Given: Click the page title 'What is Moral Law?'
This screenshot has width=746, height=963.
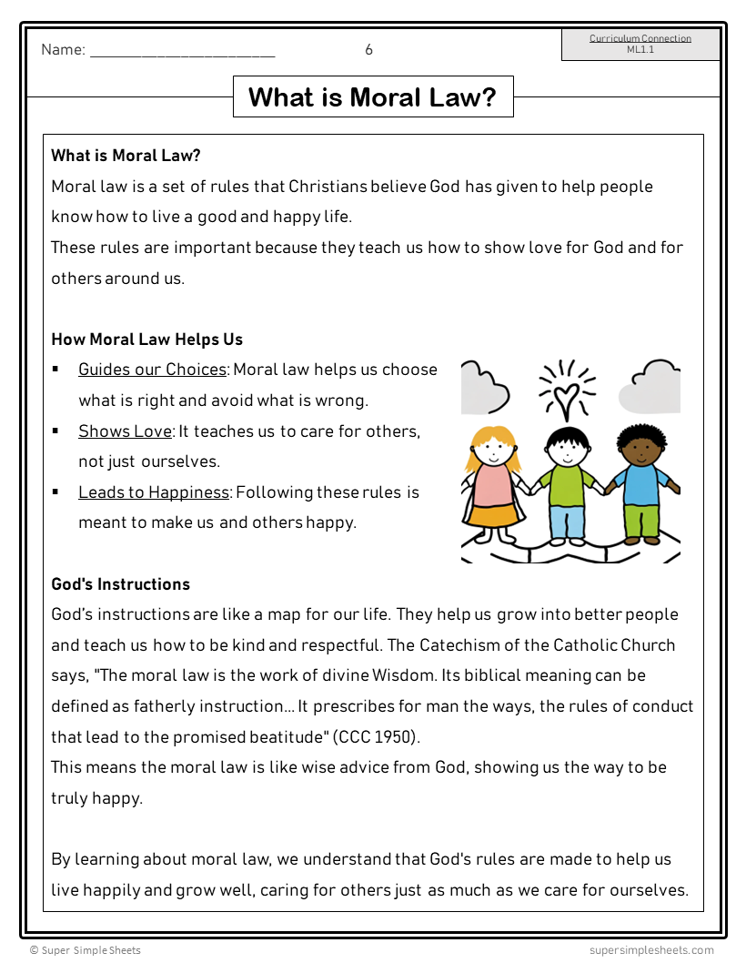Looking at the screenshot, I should (x=373, y=97).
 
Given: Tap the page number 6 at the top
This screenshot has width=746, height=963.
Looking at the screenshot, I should (x=368, y=50).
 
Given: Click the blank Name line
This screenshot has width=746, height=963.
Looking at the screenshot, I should (x=182, y=52).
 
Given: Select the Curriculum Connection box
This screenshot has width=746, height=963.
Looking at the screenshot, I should (x=640, y=45).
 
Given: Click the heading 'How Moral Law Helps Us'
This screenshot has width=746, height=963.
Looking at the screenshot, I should (x=147, y=340).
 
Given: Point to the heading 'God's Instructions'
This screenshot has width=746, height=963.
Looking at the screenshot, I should (x=121, y=584).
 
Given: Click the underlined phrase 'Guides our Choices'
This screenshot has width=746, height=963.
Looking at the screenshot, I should (x=152, y=370).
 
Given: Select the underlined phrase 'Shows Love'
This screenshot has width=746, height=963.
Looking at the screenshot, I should (x=125, y=431).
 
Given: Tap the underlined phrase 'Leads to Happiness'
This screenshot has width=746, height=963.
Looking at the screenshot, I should (x=154, y=492).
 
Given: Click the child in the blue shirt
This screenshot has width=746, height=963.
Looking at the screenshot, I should (x=642, y=482).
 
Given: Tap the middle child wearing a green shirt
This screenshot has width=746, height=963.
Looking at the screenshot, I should (x=568, y=482).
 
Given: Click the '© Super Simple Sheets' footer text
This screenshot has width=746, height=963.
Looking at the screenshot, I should (x=86, y=950).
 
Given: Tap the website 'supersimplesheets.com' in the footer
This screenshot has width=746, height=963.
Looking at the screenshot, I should (x=651, y=950).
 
